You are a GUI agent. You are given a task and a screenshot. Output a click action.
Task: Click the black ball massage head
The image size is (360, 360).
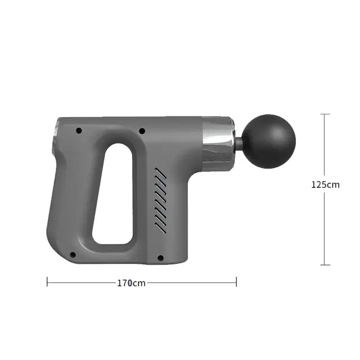click(269, 141)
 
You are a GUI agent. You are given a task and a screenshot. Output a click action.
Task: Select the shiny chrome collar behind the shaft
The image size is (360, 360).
click(217, 143)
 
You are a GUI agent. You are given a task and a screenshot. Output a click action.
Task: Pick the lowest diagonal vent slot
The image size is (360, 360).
click(161, 228)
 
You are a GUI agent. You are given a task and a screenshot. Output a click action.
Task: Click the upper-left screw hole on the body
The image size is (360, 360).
click(79, 130)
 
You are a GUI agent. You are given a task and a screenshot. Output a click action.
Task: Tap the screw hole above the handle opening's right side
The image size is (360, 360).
click(142, 131)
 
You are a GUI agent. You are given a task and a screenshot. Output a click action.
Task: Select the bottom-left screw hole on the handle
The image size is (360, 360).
click(73, 255)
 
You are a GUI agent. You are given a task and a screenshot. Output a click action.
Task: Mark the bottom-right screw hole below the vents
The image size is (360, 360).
click(160, 258)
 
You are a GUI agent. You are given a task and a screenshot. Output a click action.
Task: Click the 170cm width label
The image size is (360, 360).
click(131, 283)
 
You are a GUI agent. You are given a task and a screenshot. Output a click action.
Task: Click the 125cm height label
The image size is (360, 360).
click(325, 184)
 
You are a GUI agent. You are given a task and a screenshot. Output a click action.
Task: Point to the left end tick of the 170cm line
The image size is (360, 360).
click(47, 281)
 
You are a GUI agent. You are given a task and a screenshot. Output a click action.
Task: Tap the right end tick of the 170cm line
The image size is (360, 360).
click(236, 281)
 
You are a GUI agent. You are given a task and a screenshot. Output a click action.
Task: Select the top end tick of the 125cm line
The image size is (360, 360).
click(325, 114)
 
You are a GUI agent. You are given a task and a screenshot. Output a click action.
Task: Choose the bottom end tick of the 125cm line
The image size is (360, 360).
click(325, 265)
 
